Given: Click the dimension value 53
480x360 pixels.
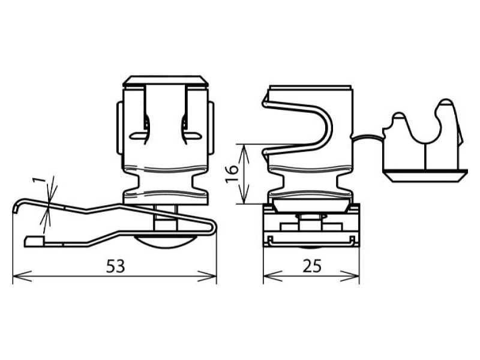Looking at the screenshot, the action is (116, 266).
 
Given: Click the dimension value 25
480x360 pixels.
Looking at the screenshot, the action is (312, 266).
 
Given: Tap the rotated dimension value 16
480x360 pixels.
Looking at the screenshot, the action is (232, 174).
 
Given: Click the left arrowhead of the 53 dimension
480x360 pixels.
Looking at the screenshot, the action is (22, 276).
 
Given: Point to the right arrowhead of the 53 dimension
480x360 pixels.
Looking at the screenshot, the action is (207, 276).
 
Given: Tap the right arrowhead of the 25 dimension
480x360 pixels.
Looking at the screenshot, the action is (350, 276).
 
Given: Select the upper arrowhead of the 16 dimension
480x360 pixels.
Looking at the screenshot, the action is (244, 154).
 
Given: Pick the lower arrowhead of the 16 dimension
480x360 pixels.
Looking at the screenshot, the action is (244, 194).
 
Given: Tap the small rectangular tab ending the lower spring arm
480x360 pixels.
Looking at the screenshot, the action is (35, 241).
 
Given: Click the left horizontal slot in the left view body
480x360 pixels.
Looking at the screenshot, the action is (138, 135).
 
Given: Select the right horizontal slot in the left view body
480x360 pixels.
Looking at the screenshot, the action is (193, 135).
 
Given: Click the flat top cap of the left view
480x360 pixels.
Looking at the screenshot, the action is (166, 80).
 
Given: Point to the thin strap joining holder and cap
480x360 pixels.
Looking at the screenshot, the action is (367, 136).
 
